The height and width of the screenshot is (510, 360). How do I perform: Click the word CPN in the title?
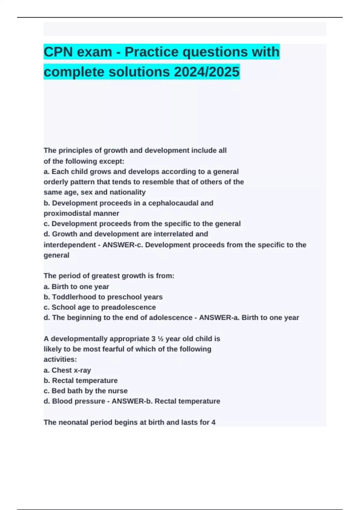click(x=58, y=52)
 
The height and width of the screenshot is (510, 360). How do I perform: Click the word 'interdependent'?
click(x=70, y=245)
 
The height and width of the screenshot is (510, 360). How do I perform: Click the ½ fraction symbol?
click(x=160, y=339)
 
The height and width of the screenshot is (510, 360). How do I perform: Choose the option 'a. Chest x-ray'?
click(x=67, y=370)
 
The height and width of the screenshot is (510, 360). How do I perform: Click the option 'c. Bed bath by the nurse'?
click(x=85, y=391)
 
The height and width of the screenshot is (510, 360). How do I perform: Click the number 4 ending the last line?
click(x=213, y=422)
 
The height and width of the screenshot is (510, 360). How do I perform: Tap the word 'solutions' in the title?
click(x=140, y=72)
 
